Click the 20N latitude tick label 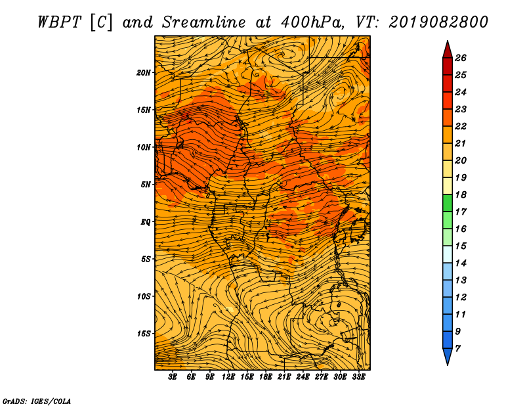143,73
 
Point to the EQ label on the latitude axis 145,222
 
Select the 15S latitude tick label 144,334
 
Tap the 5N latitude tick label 146,185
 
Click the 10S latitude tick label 144,296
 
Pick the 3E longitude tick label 173,377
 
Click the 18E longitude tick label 266,377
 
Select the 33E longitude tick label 358,377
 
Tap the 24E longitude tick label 303,377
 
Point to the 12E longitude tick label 228,377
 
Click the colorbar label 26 461,58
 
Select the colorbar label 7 457,349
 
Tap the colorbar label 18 461,194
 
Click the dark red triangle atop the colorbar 448,49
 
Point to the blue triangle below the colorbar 448,357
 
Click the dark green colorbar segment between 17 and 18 448,203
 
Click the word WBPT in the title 59,22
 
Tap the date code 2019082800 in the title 438,22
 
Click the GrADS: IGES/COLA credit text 37,401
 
